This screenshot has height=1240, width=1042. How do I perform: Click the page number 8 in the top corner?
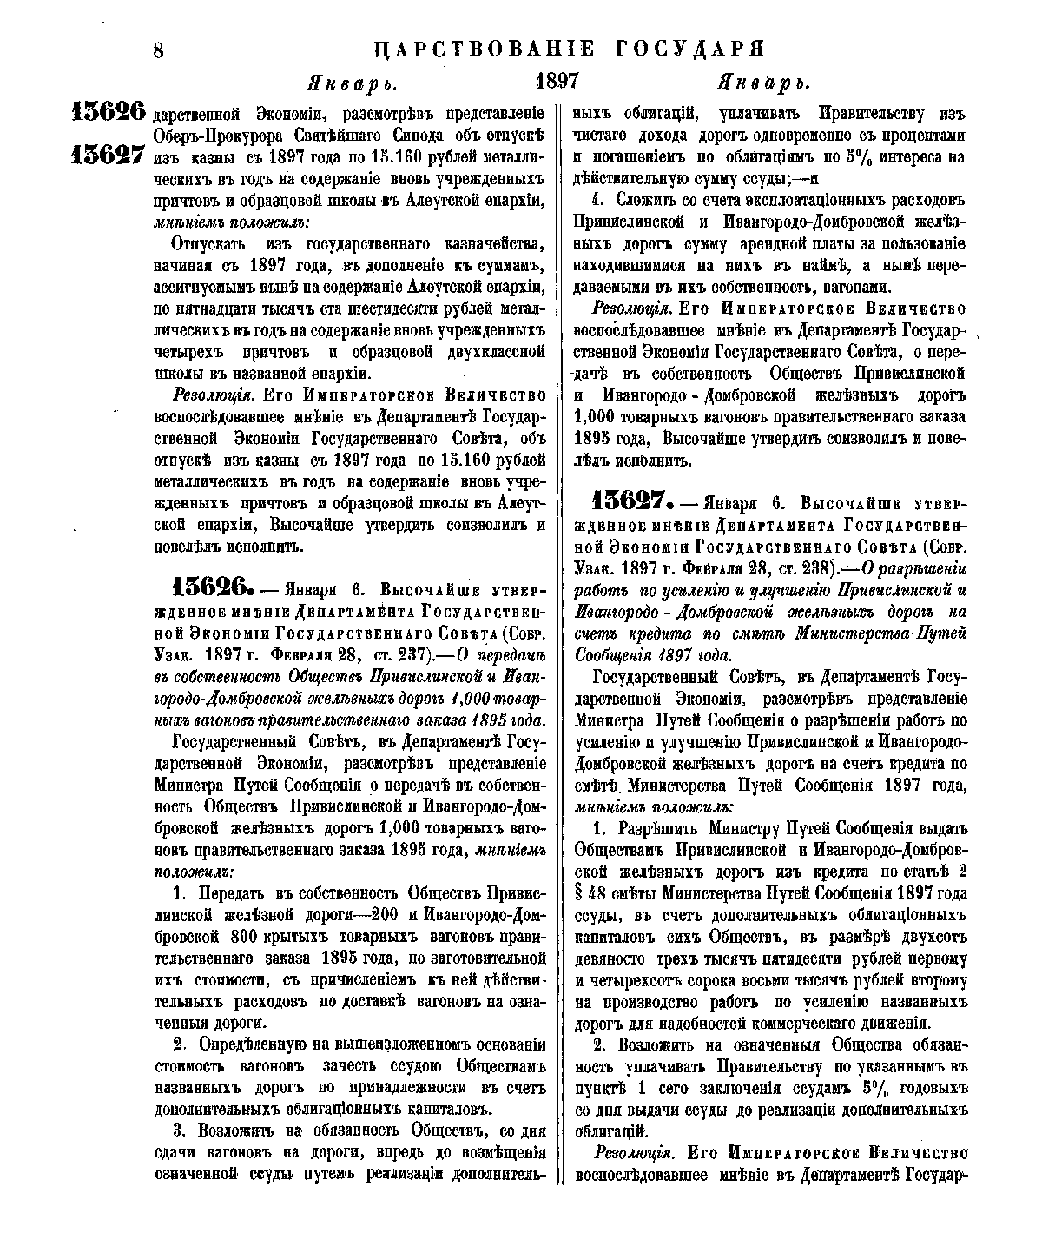tap(159, 50)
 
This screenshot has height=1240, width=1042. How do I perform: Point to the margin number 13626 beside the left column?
tap(109, 111)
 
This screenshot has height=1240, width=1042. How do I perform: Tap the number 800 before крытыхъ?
tap(247, 937)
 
